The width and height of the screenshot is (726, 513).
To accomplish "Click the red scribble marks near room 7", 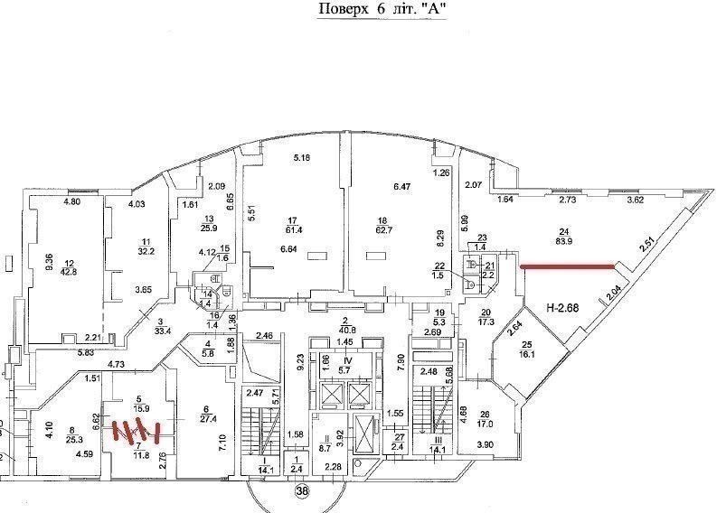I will pyautogui.click(x=134, y=432).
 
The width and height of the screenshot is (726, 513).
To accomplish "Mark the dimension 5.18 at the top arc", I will pyautogui.click(x=301, y=158).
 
